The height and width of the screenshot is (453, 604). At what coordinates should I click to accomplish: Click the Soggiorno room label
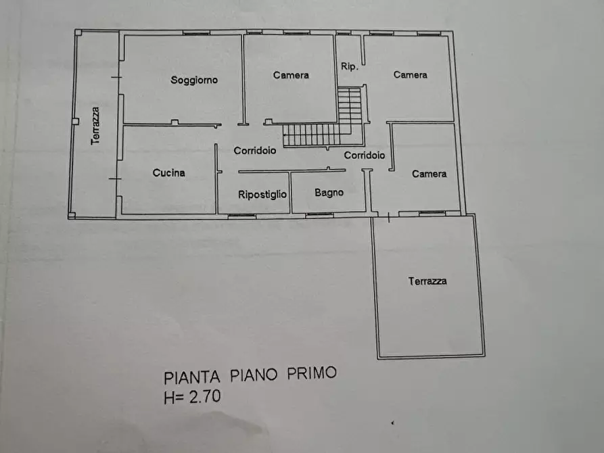[194, 80]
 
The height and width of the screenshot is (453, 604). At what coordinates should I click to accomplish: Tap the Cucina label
[168, 173]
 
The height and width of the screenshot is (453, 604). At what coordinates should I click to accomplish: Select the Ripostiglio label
[262, 194]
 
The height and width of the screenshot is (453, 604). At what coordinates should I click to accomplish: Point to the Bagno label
[329, 193]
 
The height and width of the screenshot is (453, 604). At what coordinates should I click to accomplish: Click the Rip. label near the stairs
[349, 67]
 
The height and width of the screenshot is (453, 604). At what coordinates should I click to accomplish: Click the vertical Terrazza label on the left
[96, 125]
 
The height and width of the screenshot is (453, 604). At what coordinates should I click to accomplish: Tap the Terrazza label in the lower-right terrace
[427, 281]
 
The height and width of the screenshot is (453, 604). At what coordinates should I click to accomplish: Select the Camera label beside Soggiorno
[291, 75]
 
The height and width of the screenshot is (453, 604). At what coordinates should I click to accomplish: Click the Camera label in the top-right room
[411, 74]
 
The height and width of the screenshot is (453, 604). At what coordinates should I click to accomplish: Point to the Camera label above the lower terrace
[429, 174]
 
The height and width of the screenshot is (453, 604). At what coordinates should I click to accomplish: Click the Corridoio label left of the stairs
[255, 151]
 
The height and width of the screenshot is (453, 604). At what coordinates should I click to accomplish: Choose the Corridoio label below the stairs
[365, 156]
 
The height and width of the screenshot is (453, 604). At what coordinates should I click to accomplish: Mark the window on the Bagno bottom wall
[319, 215]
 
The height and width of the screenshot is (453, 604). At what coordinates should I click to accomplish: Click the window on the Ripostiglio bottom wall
[241, 216]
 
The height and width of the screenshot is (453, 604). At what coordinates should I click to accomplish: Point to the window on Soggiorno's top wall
[195, 32]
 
